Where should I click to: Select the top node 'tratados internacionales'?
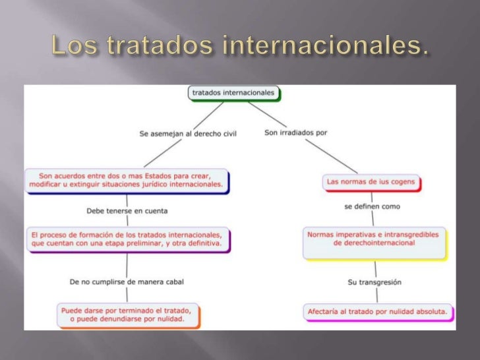[233, 94]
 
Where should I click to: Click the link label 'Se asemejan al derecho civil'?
[187, 133]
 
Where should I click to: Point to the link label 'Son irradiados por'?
[295, 133]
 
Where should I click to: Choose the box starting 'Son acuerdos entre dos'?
[127, 181]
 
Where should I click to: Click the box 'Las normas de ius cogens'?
[373, 181]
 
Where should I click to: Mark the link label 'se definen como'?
[372, 206]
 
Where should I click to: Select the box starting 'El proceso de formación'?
[128, 239]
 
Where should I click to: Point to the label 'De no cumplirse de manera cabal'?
[127, 282]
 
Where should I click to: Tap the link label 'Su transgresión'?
[375, 282]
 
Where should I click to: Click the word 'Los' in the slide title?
[69, 47]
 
